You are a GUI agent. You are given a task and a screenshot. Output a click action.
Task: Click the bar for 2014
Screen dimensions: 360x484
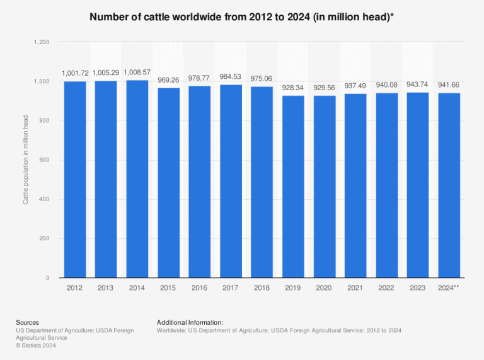pyautogui.click(x=137, y=179)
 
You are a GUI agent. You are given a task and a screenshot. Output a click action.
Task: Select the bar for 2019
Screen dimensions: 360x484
pyautogui.click(x=293, y=187)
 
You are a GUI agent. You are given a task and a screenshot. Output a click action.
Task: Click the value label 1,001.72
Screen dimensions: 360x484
pyautogui.click(x=75, y=74)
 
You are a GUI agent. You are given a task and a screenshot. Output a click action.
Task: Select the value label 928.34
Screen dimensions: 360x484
pyautogui.click(x=293, y=88)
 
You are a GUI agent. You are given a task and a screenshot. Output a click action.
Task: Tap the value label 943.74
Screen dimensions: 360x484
pyautogui.click(x=418, y=85)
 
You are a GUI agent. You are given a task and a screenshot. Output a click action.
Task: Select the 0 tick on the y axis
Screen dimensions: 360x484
pyautogui.click(x=48, y=278)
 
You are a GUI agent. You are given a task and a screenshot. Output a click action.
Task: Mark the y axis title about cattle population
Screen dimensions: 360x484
pyautogui.click(x=26, y=160)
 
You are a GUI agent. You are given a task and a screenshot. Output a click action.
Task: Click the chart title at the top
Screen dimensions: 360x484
pyautogui.click(x=242, y=17)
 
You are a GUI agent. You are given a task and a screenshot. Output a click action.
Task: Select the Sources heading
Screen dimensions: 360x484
pyautogui.click(x=27, y=322)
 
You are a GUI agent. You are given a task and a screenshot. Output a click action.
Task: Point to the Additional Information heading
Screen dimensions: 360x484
pyautogui.click(x=190, y=322)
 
